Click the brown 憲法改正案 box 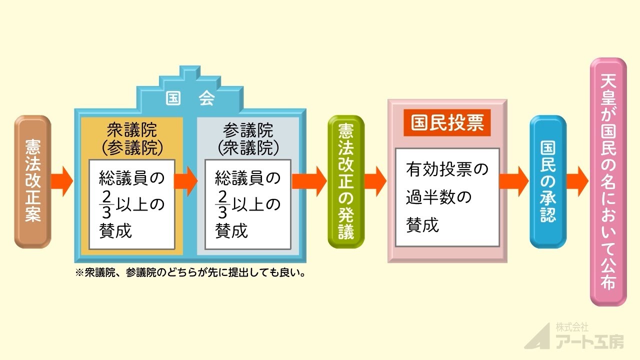pos(32,182)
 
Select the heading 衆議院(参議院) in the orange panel pos(132,138)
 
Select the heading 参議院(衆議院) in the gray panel pos(248,138)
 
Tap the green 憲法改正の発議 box pos(346,181)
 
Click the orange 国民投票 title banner pos(447,123)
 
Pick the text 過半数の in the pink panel pos(438,197)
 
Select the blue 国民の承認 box pos(548,181)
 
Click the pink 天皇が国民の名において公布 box pos(608,181)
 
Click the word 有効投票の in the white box pos(446,169)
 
